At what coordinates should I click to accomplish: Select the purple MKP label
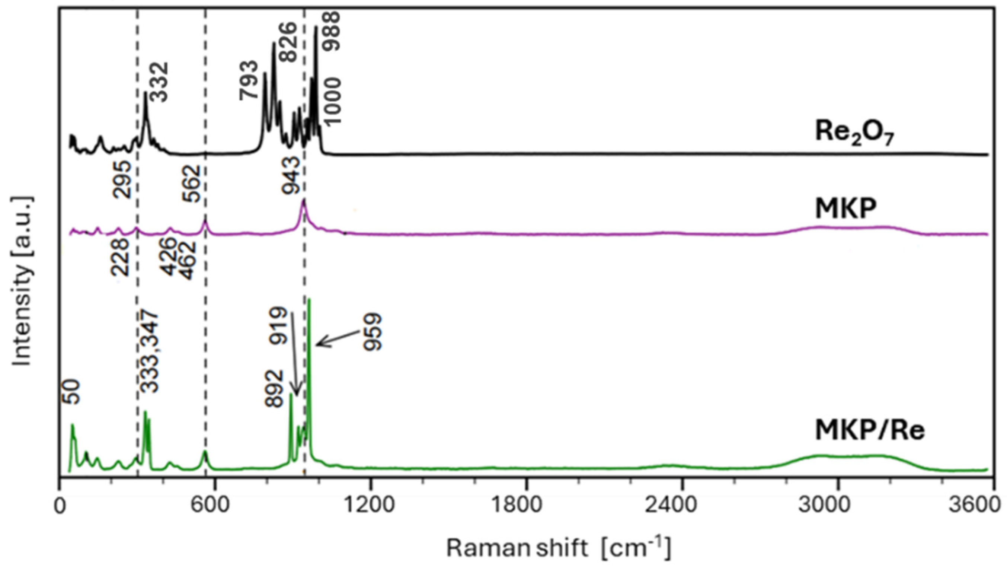846,209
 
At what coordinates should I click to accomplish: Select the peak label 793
249,86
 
